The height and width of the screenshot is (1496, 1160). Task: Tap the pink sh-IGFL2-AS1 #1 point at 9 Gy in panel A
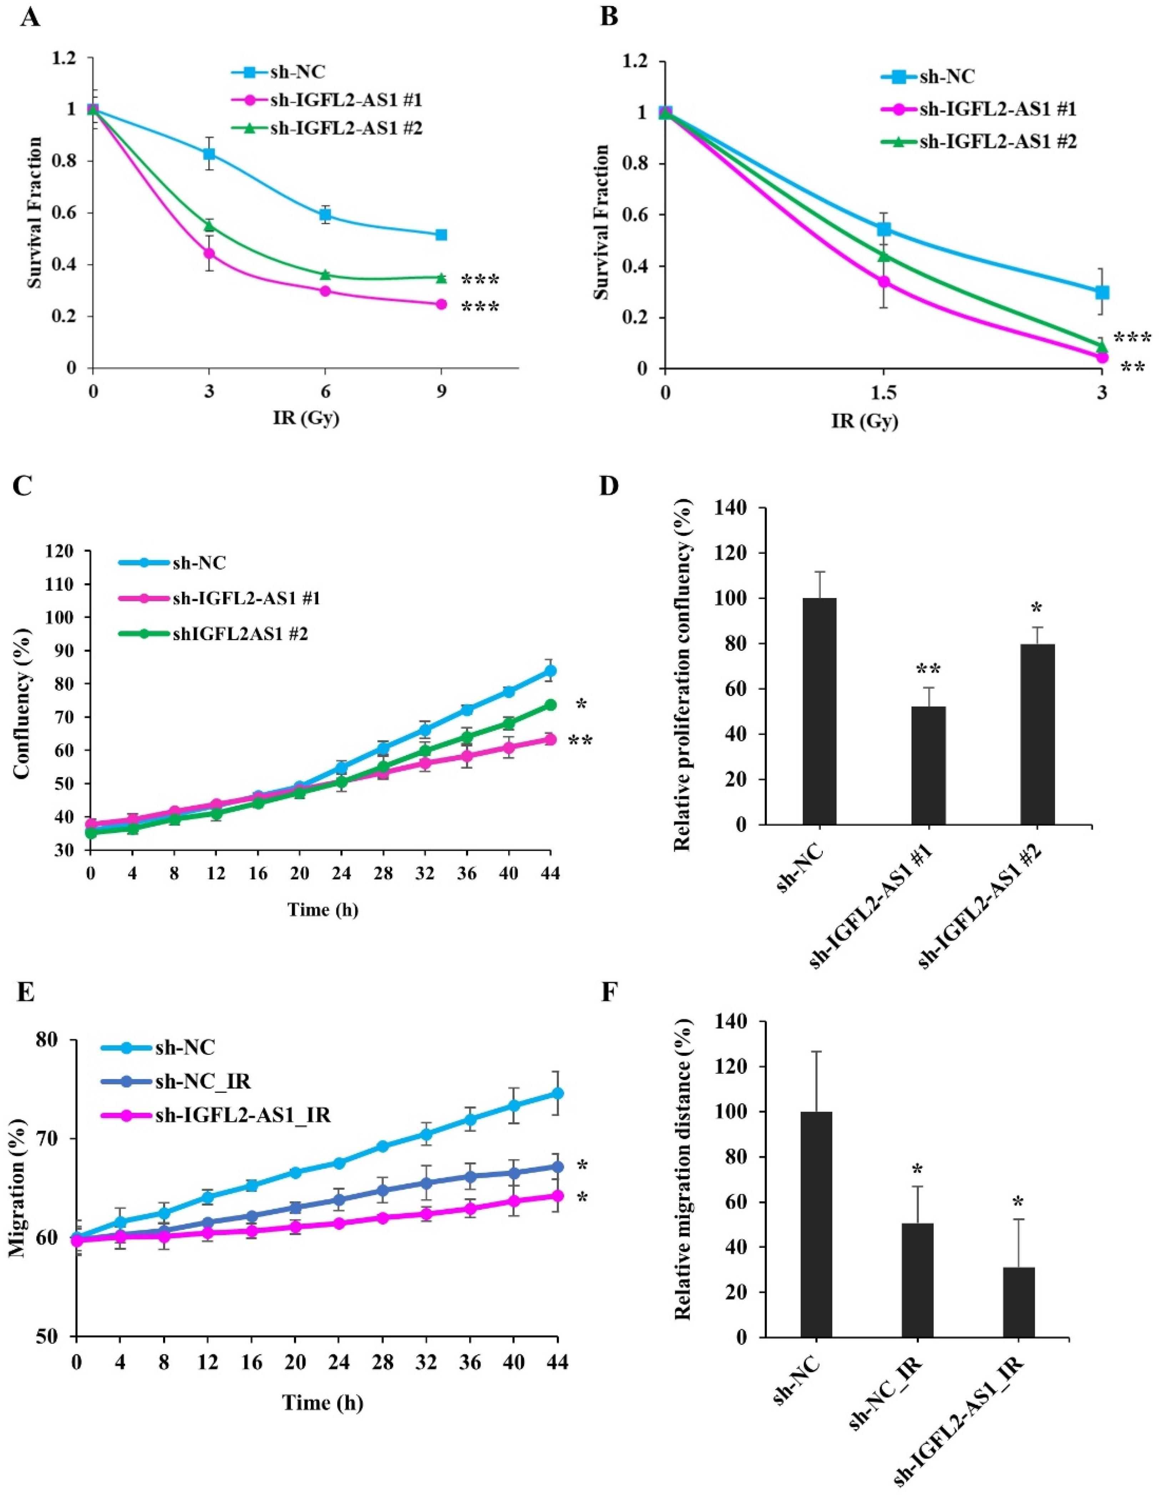[441, 304]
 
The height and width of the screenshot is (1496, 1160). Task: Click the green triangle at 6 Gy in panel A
[325, 275]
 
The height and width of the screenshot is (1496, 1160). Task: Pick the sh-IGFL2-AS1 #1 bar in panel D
[928, 765]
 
